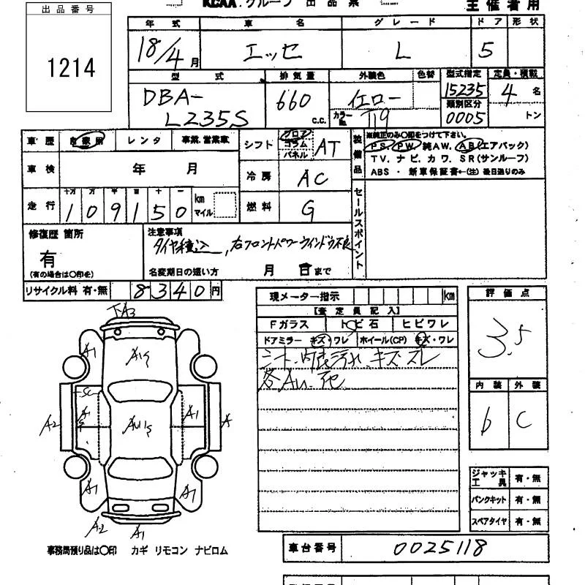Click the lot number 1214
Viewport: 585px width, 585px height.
(71, 68)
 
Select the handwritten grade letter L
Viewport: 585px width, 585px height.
(401, 51)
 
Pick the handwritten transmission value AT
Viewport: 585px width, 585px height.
(326, 148)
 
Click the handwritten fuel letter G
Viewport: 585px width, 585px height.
(309, 210)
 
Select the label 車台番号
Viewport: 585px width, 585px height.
(311, 547)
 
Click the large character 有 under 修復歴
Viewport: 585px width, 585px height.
(48, 258)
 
